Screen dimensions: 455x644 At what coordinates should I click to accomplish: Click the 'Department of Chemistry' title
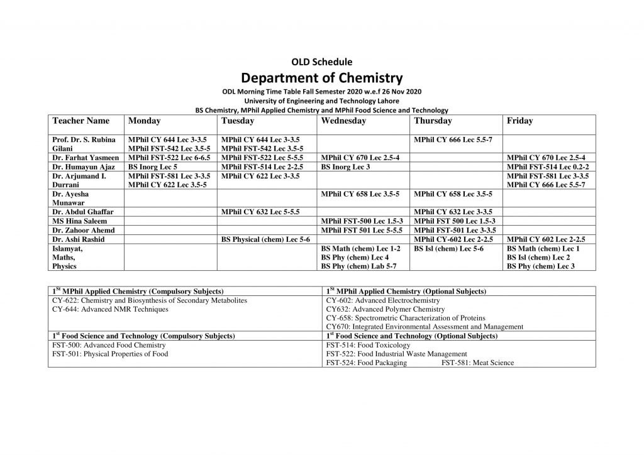point(321,78)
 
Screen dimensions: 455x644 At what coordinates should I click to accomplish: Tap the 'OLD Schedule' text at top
point(321,62)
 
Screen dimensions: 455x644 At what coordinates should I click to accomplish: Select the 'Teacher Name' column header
point(81,121)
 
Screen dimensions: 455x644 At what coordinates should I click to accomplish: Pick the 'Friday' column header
point(519,121)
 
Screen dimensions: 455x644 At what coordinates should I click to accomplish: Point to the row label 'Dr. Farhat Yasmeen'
point(86,158)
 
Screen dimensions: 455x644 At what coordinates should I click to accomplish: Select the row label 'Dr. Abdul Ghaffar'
point(82,212)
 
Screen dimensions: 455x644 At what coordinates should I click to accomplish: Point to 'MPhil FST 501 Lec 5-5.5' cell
point(362,231)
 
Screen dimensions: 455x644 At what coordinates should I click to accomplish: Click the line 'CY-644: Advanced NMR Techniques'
point(111,309)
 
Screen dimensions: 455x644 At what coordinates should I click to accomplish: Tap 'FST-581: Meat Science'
point(477,363)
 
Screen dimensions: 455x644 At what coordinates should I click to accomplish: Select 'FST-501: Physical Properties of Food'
point(110,354)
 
